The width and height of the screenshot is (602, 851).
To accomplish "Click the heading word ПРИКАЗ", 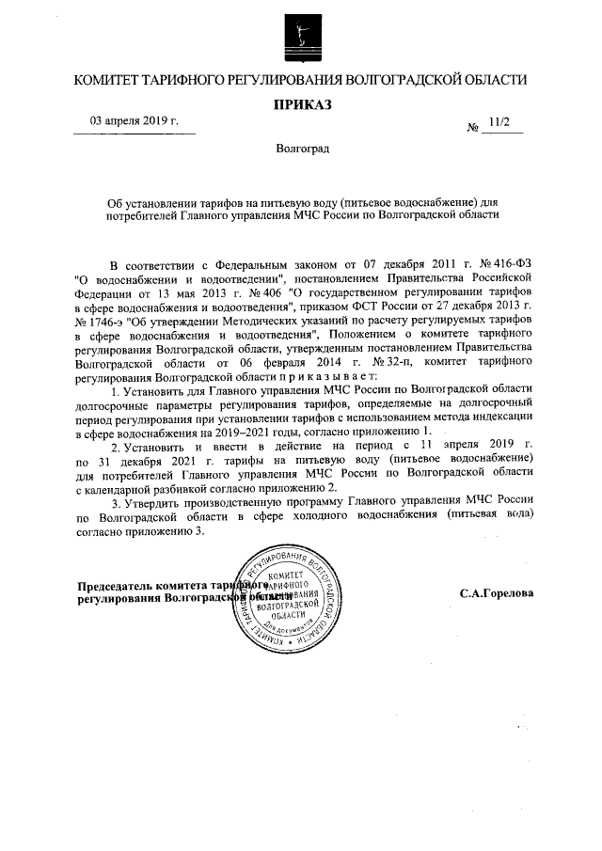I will tap(301, 105).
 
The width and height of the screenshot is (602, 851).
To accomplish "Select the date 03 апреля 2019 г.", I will tap(134, 121).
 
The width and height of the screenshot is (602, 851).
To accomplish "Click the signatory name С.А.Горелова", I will tap(497, 594).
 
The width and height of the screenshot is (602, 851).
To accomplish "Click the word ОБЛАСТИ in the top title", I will tap(492, 81).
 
